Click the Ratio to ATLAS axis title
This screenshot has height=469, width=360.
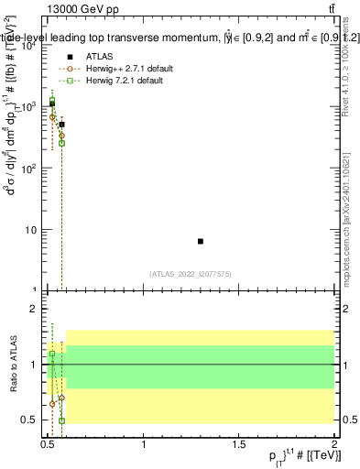click(x=12, y=365)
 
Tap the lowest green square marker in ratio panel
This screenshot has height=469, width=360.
click(x=61, y=420)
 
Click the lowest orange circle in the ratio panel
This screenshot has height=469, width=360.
click(x=52, y=403)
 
